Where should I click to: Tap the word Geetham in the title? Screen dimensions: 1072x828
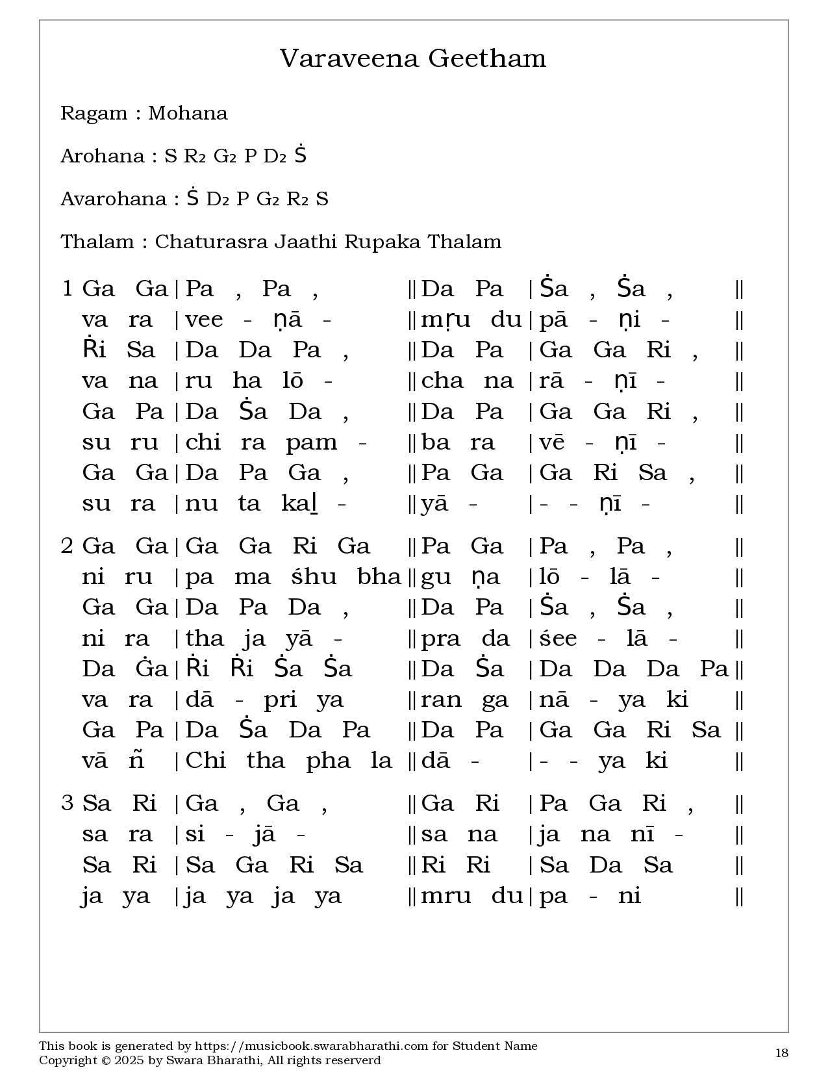pyautogui.click(x=486, y=58)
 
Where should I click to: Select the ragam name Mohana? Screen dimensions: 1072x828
pyautogui.click(x=188, y=113)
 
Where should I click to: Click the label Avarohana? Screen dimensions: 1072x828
pyautogui.click(x=114, y=199)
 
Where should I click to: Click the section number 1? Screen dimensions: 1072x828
pyautogui.click(x=67, y=288)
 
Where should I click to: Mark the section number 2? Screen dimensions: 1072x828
pyautogui.click(x=67, y=546)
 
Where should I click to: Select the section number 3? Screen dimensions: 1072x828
pyautogui.click(x=67, y=803)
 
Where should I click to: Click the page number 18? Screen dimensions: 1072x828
pyautogui.click(x=782, y=1053)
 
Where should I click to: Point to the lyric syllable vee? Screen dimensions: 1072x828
pyautogui.click(x=204, y=320)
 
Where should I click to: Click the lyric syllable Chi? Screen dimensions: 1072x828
pyautogui.click(x=205, y=761)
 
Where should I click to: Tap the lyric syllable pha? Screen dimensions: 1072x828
pyautogui.click(x=328, y=761)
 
